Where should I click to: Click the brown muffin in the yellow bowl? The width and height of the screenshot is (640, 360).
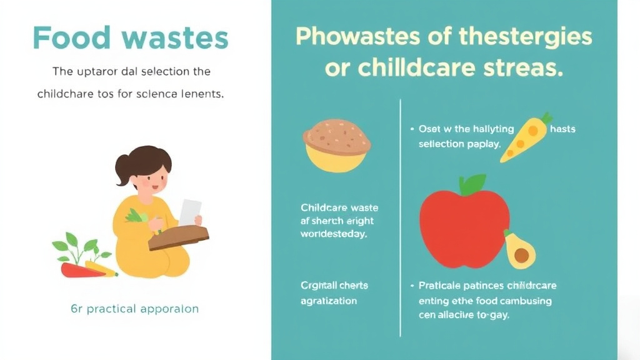(x=337, y=134)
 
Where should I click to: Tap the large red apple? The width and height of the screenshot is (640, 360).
(x=464, y=221)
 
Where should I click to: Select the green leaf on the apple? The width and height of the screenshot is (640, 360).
(x=472, y=184)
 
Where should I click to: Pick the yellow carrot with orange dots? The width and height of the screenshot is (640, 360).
(x=527, y=137)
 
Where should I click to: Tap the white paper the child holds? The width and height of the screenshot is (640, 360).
(x=190, y=211)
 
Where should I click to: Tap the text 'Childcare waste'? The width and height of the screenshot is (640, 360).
(x=339, y=207)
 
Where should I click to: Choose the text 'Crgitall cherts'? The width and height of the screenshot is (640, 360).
(x=334, y=286)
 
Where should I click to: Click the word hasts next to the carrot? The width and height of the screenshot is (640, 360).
(x=562, y=129)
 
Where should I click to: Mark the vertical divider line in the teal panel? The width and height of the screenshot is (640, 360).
(x=400, y=212)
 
